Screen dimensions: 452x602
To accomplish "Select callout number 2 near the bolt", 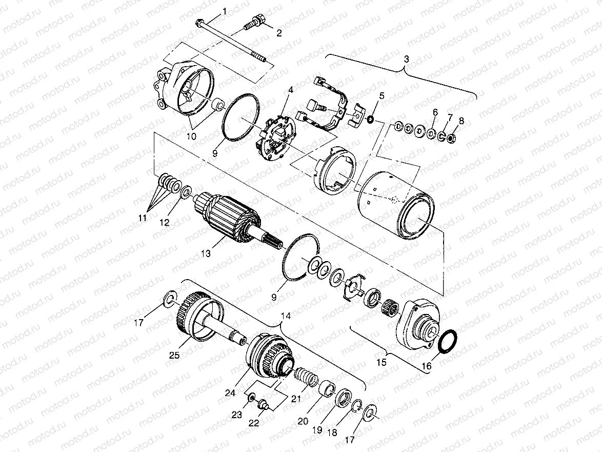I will point(279,34).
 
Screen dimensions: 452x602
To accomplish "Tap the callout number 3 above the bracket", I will point(406,60).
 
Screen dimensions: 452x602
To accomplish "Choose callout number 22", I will point(254,424).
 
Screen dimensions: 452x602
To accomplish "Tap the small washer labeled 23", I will point(251,398).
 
